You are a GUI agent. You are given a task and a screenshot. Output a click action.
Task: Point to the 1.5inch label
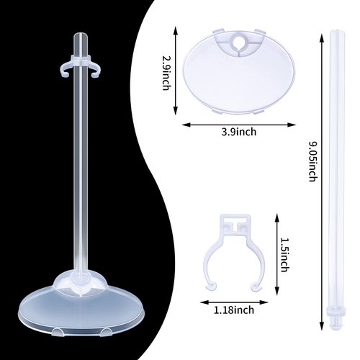pyautogui.click(x=284, y=256)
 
